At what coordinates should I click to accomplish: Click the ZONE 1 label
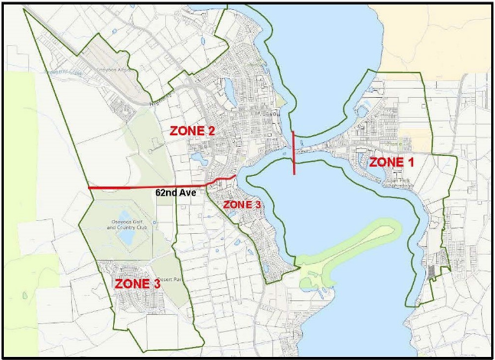pyautogui.click(x=392, y=162)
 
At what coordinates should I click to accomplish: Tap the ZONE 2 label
pyautogui.click(x=191, y=131)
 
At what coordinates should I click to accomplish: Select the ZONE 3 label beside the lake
pyautogui.click(x=243, y=205)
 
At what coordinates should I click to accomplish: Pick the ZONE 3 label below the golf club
pyautogui.click(x=137, y=284)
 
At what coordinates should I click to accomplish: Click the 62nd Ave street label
pyautogui.click(x=176, y=193)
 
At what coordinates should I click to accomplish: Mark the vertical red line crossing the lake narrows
pyautogui.click(x=294, y=153)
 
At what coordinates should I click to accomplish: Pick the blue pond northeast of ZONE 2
pyautogui.click(x=227, y=94)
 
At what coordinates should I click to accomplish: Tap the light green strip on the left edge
pyautogui.click(x=19, y=153)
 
